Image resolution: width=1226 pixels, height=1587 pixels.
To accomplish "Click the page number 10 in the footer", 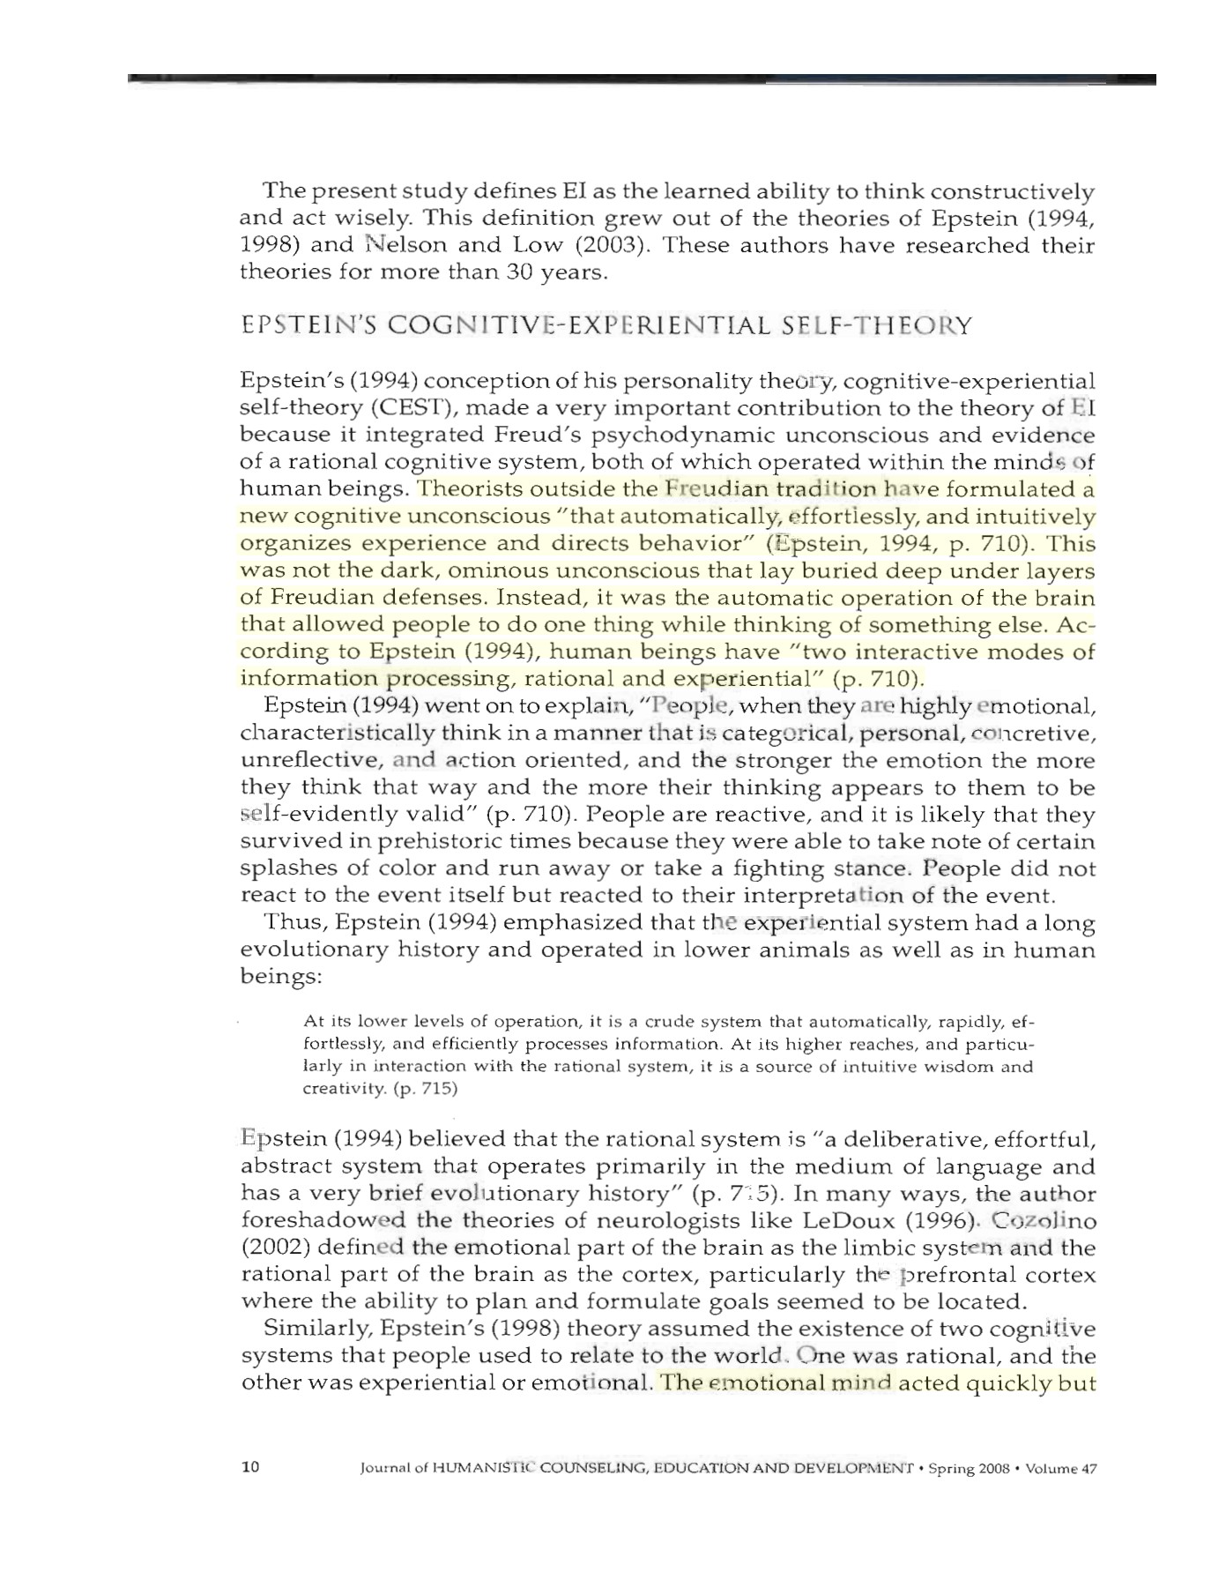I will pyautogui.click(x=250, y=1468).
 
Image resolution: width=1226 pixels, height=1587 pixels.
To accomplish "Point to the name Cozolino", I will pyautogui.click(x=1044, y=1221).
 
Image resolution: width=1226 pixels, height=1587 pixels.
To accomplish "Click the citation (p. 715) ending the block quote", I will pyautogui.click(x=427, y=1088).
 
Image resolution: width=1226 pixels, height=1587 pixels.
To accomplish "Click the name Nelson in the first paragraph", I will pyautogui.click(x=393, y=245).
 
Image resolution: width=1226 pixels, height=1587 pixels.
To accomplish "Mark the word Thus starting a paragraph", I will pyautogui.click(x=287, y=923).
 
